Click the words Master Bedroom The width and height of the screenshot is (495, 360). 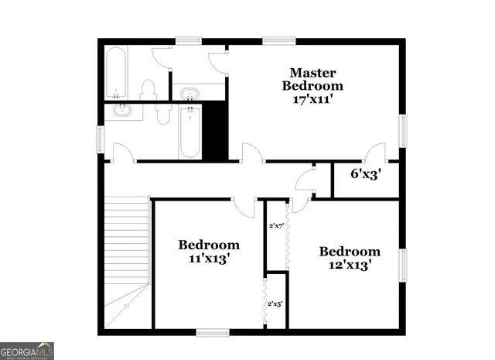click(x=312, y=77)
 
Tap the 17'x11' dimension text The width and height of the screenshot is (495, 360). click(x=312, y=100)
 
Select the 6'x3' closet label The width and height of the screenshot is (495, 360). click(x=366, y=174)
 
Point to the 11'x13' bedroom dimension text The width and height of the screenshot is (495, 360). click(x=209, y=259)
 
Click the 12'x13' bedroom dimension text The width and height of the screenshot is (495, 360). click(x=350, y=265)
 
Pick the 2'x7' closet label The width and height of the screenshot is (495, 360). click(x=276, y=226)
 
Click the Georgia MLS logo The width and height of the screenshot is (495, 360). click(x=27, y=351)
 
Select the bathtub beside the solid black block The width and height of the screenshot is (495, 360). click(x=190, y=132)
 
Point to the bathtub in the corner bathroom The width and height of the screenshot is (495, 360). click(x=115, y=74)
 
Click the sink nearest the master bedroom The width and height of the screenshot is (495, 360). click(x=189, y=95)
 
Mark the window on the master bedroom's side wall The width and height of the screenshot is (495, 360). click(x=402, y=131)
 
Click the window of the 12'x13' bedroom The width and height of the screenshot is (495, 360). click(x=402, y=265)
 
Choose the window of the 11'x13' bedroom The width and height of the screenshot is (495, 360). click(x=212, y=333)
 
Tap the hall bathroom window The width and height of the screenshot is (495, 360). click(x=99, y=139)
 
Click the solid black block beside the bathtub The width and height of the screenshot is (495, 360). click(x=214, y=131)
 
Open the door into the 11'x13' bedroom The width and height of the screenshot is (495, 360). click(x=244, y=206)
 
